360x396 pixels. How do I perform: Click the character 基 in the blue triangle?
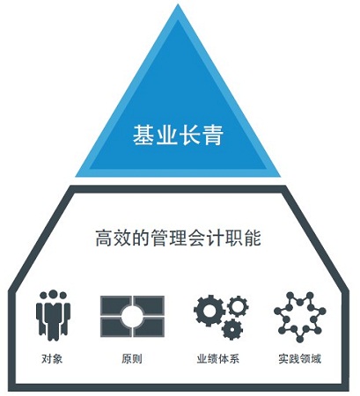(143, 135)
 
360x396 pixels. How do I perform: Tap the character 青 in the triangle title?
(213, 135)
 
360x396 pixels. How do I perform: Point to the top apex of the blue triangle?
(178, 4)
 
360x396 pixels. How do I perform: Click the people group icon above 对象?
(53, 315)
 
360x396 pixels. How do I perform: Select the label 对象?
(52, 359)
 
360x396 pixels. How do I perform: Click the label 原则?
(132, 359)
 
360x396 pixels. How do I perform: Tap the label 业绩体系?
(218, 359)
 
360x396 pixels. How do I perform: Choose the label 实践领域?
(300, 359)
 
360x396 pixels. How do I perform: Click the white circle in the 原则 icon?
(132, 316)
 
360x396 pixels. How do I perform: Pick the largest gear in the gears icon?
(209, 310)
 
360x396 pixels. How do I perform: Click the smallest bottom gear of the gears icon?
(232, 329)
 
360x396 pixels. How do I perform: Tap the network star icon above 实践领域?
(299, 317)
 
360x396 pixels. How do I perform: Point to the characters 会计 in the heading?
(206, 238)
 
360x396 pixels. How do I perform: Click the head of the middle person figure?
(53, 295)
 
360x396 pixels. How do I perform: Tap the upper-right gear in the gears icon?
(238, 306)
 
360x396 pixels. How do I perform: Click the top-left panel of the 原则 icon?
(114, 304)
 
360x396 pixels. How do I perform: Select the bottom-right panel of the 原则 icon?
(150, 327)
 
